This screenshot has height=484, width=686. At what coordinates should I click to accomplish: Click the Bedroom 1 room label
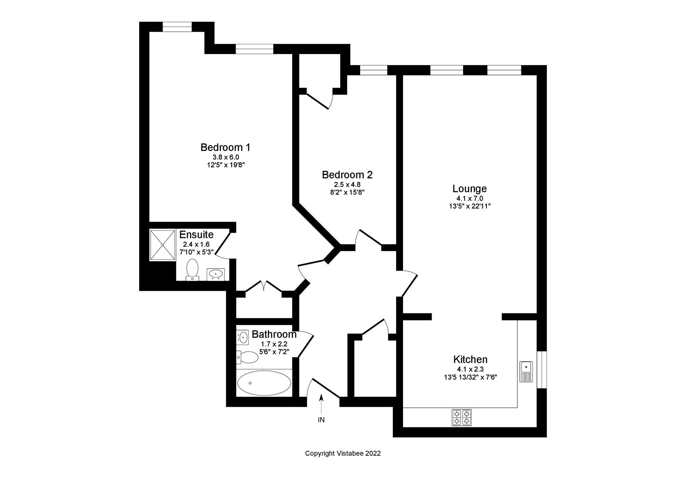click(x=225, y=147)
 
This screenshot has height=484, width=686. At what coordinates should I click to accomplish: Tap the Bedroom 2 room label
click(x=347, y=175)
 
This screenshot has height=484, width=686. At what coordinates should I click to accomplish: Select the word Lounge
click(x=469, y=189)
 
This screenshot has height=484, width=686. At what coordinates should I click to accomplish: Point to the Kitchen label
click(x=470, y=359)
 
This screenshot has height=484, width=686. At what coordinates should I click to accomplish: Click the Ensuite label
click(x=196, y=234)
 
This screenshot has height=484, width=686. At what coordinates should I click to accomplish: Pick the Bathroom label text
click(x=274, y=334)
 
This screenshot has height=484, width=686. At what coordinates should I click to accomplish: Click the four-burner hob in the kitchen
click(x=461, y=417)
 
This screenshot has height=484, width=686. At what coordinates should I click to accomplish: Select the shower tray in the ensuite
click(x=162, y=245)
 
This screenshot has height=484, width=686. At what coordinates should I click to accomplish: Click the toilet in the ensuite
click(x=192, y=269)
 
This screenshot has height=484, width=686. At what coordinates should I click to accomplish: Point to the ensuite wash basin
click(x=216, y=274)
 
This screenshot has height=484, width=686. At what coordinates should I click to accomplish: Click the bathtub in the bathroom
click(x=264, y=383)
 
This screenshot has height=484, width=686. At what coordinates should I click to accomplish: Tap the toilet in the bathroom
click(x=248, y=357)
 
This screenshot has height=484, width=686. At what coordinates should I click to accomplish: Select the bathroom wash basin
click(x=243, y=338)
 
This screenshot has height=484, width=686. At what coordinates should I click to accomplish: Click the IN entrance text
click(x=321, y=420)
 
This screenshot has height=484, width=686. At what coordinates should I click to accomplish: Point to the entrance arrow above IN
click(x=321, y=404)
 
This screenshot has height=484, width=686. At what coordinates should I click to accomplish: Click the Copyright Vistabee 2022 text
click(x=343, y=453)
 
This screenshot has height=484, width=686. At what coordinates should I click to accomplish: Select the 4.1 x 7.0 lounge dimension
click(x=469, y=199)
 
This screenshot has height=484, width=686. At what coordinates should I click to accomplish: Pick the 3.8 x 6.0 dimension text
click(x=226, y=157)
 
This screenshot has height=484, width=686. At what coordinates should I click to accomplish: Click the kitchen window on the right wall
click(x=542, y=370)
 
